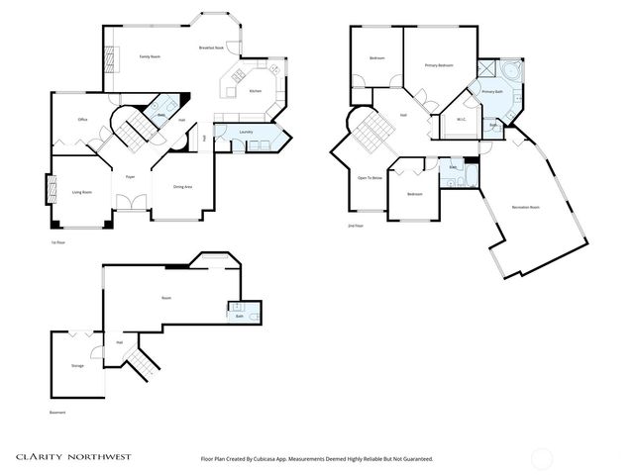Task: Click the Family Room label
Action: (150, 58)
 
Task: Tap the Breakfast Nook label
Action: (210, 47)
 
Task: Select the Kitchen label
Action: (255, 91)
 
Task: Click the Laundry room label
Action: (247, 132)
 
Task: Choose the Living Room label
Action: (81, 192)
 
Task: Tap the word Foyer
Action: (130, 177)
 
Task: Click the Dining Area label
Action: (182, 187)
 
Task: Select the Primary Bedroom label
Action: (439, 65)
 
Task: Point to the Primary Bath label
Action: (492, 92)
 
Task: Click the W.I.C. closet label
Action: (462, 120)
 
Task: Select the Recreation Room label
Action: (526, 207)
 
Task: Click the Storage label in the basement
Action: (77, 366)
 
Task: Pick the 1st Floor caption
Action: (57, 241)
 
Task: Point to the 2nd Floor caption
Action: (357, 227)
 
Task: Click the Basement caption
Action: (58, 413)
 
